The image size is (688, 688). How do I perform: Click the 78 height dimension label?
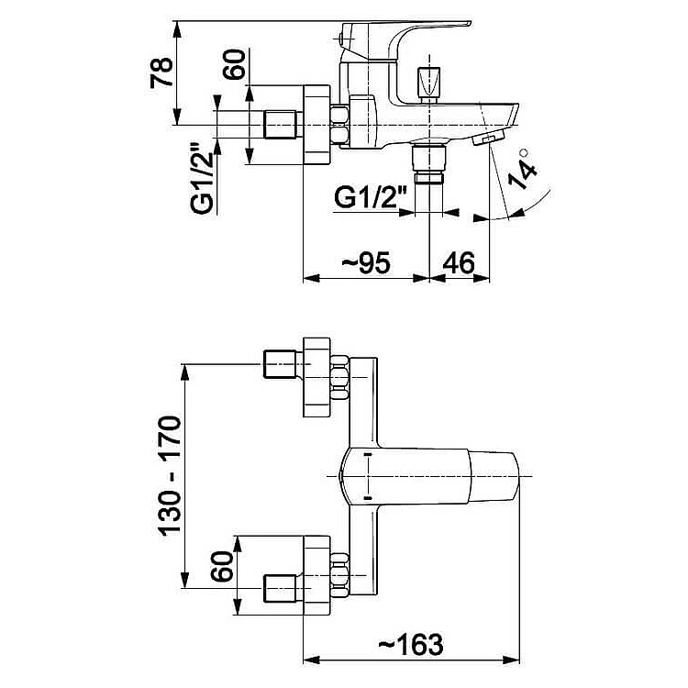click(161, 72)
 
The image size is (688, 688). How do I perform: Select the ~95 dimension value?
click(366, 263)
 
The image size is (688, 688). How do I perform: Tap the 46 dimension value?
click(459, 263)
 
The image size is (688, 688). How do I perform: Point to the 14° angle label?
click(522, 169)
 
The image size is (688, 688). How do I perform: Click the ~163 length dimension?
click(411, 645)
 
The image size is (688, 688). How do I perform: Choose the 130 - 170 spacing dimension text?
click(170, 475)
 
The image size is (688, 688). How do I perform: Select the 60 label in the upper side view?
click(234, 64)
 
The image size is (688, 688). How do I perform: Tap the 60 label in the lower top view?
click(221, 566)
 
